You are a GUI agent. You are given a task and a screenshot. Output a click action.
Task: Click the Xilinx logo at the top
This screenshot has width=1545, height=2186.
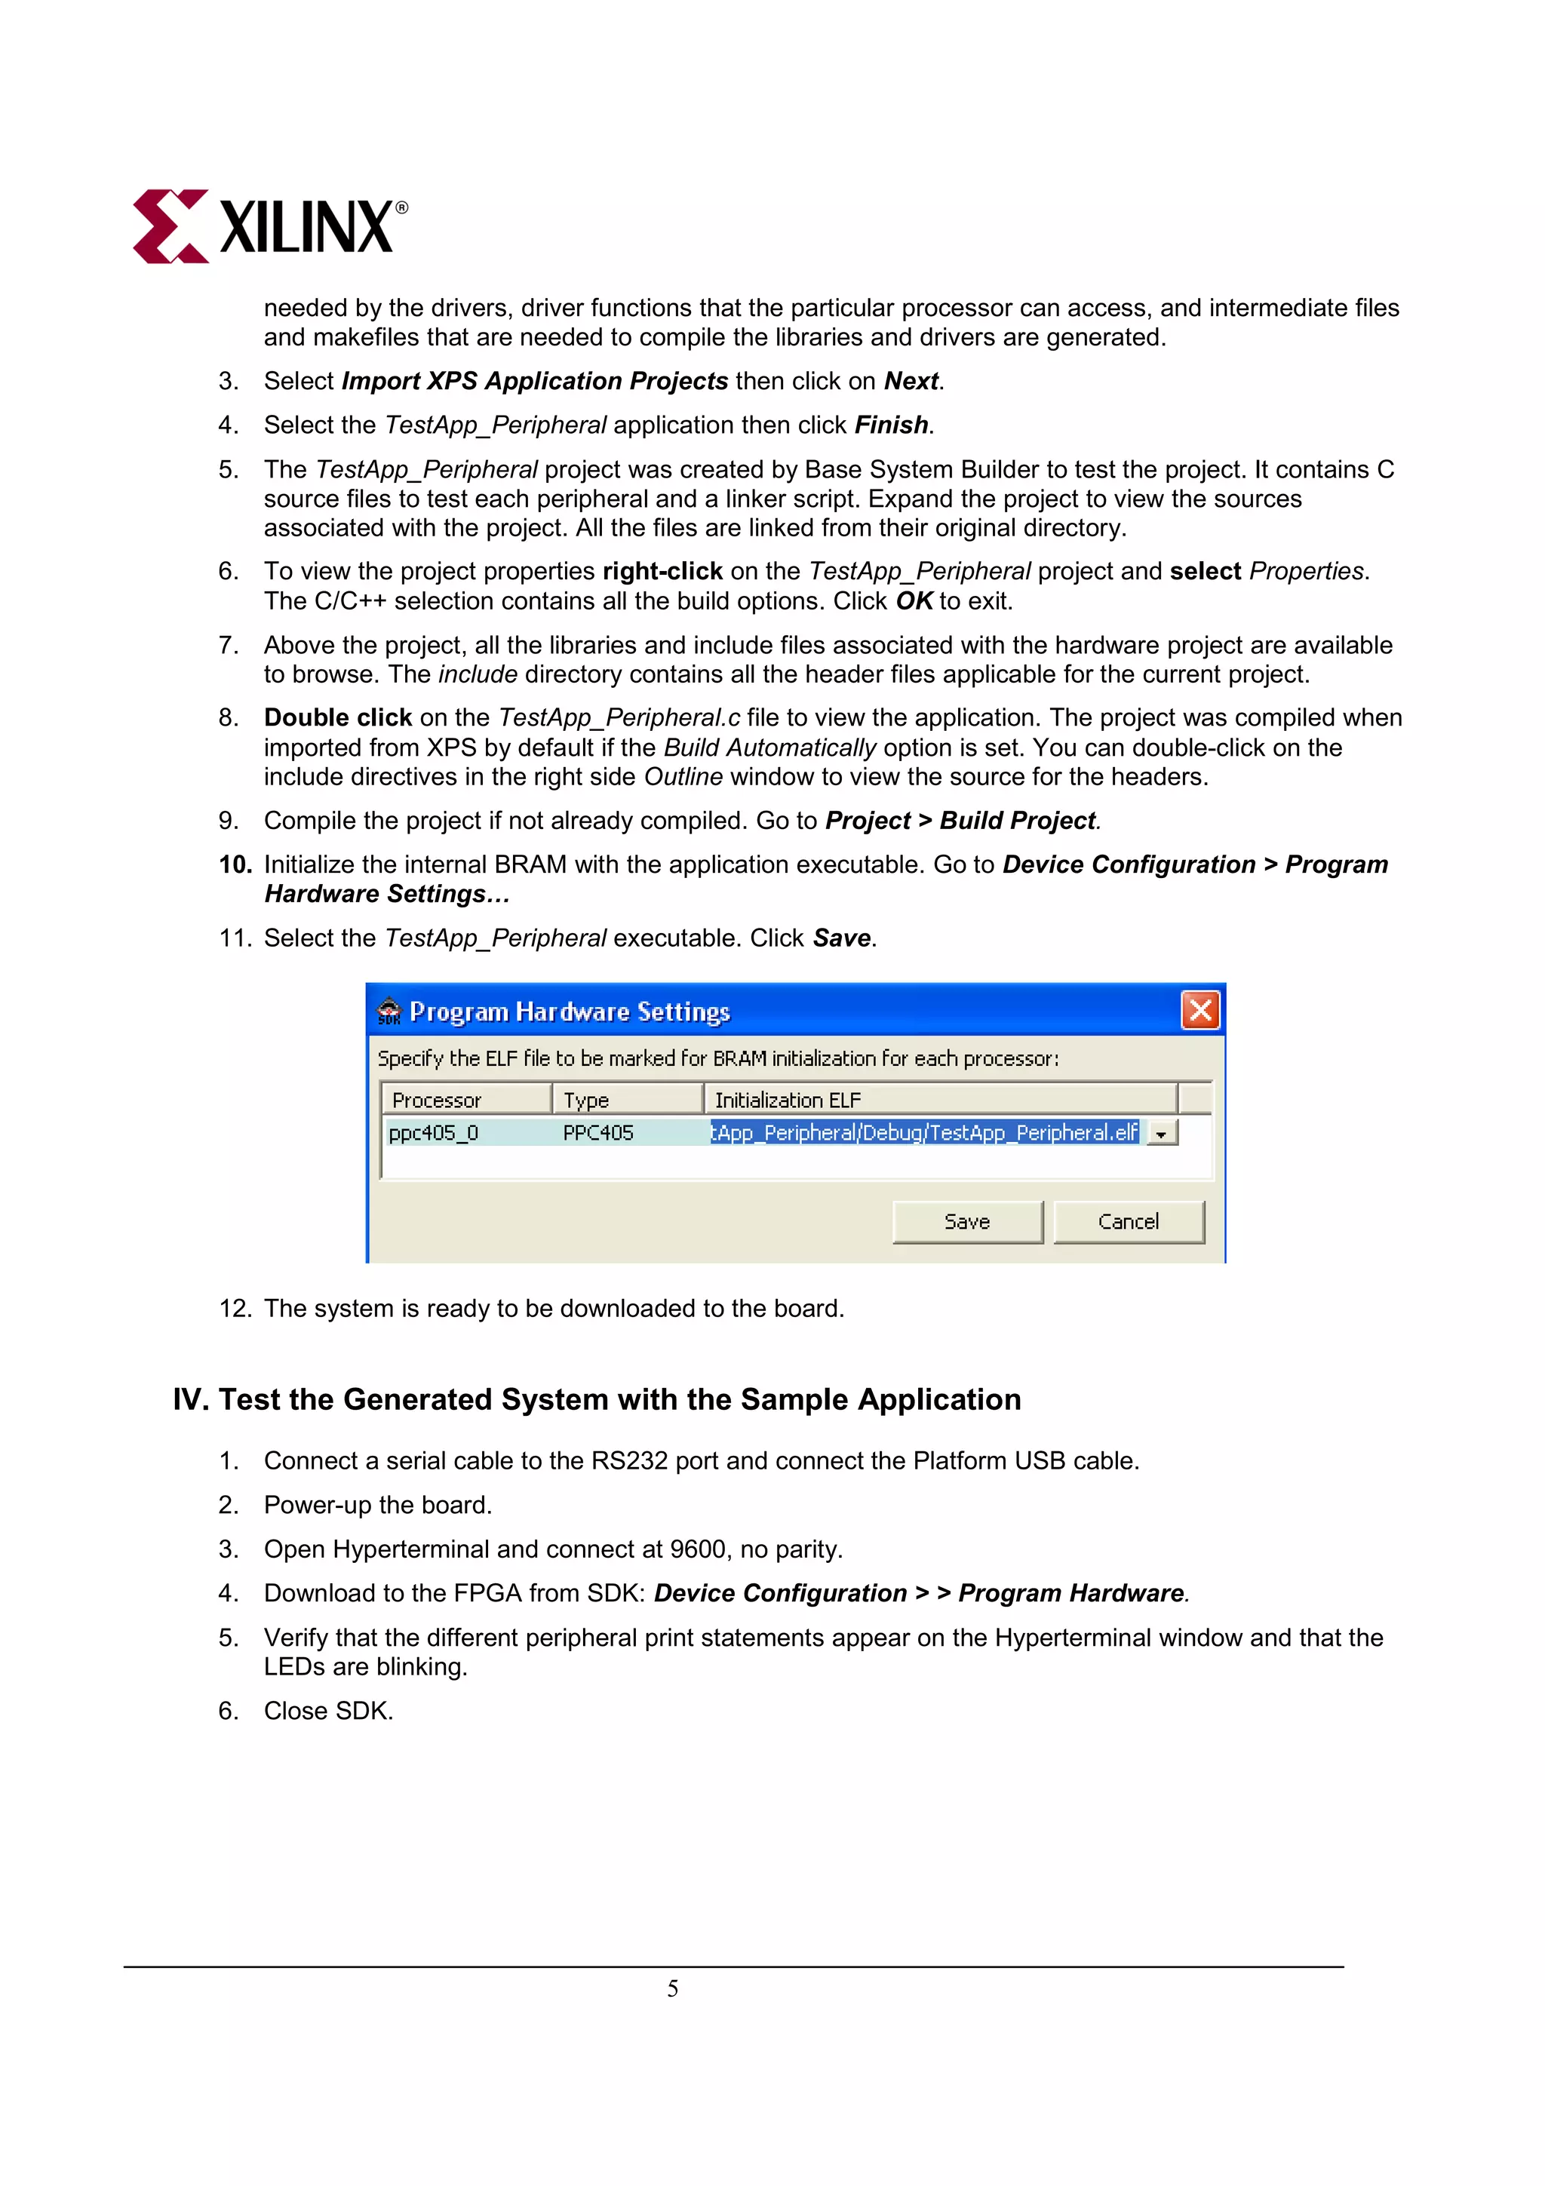pyautogui.click(x=269, y=226)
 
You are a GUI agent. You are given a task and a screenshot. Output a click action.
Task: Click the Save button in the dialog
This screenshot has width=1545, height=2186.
pyautogui.click(x=967, y=1221)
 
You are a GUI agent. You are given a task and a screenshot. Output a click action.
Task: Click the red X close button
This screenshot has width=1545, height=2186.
pyautogui.click(x=1199, y=1010)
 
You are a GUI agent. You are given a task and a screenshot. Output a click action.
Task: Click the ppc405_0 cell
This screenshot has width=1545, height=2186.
pyautogui.click(x=434, y=1133)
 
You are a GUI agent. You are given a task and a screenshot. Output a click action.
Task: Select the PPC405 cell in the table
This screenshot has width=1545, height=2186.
pyautogui.click(x=597, y=1133)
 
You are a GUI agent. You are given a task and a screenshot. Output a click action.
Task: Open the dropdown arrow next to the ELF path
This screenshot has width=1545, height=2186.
pyautogui.click(x=1161, y=1134)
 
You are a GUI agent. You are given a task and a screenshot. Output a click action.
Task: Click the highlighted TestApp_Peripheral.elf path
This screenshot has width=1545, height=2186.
pyautogui.click(x=924, y=1133)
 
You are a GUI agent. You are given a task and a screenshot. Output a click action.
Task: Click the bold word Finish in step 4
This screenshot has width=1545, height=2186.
pyautogui.click(x=891, y=425)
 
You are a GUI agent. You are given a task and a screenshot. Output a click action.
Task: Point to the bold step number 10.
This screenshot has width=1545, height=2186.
pyautogui.click(x=234, y=864)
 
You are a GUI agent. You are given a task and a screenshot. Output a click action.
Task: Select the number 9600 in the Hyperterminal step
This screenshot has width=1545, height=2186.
pyautogui.click(x=698, y=1549)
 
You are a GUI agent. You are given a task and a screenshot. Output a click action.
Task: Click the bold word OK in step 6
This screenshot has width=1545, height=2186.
pyautogui.click(x=914, y=600)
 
